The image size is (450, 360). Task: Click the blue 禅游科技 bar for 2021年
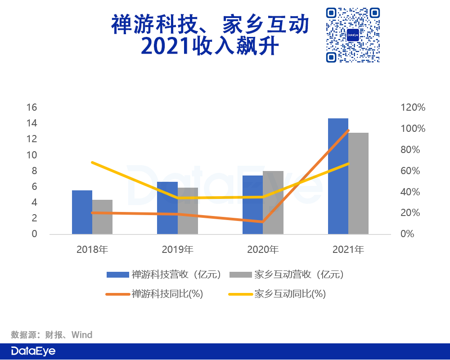[x=338, y=176]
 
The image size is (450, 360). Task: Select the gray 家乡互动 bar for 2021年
[x=359, y=184]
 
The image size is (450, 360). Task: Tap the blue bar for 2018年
[x=82, y=212]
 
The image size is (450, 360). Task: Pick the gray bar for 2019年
[x=188, y=211]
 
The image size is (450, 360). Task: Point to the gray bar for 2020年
[x=273, y=202]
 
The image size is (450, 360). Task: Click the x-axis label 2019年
[x=178, y=249]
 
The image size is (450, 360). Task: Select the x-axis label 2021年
[x=348, y=249]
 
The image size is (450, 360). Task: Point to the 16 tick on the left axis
[x=32, y=108]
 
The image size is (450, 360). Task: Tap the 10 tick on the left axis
[x=32, y=155]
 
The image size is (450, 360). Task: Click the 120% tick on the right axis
[x=413, y=108]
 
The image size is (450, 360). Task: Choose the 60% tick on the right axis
[x=410, y=171]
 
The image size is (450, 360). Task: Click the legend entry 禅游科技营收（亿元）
[x=164, y=275]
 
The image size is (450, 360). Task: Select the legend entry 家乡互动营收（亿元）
[x=287, y=275]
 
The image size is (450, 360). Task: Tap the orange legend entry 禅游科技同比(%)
[x=154, y=294]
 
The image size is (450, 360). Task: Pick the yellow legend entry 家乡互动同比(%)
[x=277, y=294]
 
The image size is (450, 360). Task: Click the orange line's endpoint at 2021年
[x=348, y=130]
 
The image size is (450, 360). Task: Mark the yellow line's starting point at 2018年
[x=92, y=162]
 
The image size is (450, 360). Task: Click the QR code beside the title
[x=353, y=35]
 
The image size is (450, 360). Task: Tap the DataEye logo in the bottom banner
[x=33, y=351]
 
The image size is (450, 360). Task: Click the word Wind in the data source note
[x=82, y=335]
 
